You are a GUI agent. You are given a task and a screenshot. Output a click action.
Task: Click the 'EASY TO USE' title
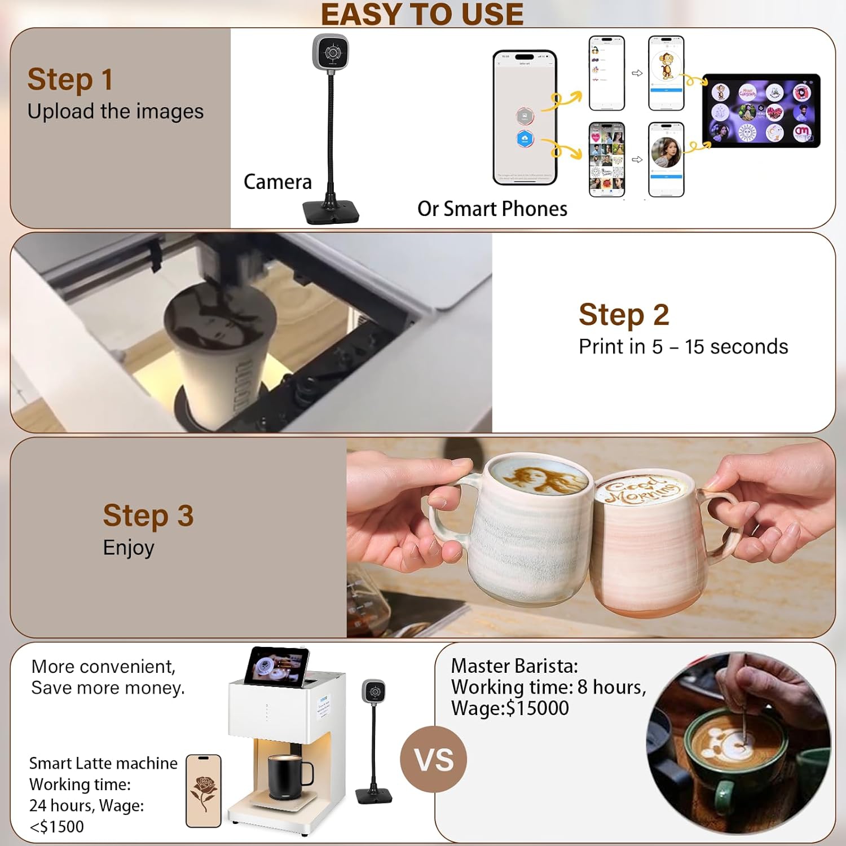point(422,15)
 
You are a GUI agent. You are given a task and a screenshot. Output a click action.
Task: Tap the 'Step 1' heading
point(70,79)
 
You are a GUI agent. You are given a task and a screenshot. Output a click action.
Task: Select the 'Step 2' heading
point(623,315)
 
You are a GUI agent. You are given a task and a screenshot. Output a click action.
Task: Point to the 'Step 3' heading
point(148,515)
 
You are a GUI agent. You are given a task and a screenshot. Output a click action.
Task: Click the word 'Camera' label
point(277,182)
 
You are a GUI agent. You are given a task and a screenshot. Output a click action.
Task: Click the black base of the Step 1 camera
point(331,212)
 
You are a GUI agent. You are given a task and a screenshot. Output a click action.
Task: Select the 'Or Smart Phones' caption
point(492,209)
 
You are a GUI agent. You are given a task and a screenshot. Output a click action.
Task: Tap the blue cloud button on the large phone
point(525,139)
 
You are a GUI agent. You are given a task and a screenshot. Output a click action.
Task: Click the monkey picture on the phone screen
point(666,66)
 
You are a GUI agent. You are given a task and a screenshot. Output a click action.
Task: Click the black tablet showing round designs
point(761,111)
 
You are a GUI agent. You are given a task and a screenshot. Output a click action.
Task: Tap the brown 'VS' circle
point(433,759)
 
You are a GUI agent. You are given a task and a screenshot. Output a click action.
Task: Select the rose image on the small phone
point(204,791)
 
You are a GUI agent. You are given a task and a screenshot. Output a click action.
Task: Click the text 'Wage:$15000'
point(510,708)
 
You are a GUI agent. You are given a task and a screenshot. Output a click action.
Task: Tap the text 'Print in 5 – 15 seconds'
point(683,347)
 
